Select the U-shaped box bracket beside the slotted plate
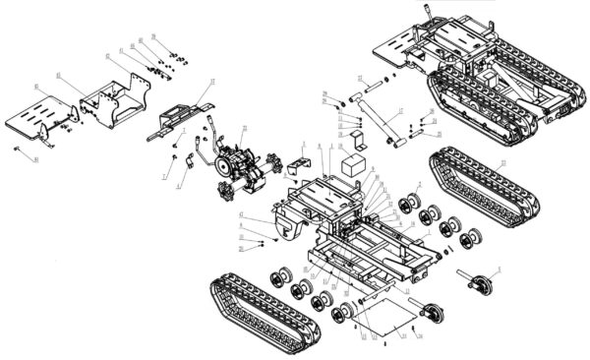[x=111, y=99]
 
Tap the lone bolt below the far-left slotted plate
[x=22, y=149]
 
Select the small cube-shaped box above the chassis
[x=353, y=161]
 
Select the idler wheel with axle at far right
[x=480, y=283]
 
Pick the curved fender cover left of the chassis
[x=287, y=222]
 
